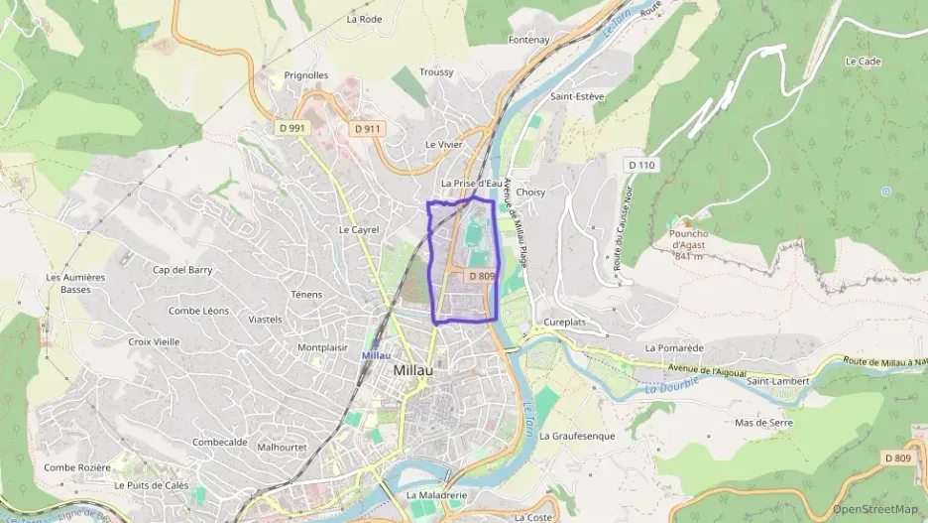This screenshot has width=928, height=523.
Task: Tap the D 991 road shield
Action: pos(291,128)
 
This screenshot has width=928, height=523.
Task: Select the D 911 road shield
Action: pos(366,128)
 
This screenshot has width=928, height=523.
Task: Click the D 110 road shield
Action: pos(641,164)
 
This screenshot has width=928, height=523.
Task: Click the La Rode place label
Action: pos(364,19)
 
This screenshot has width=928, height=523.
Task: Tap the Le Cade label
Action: pos(863,61)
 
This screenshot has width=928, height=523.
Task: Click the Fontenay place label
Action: pos(528,40)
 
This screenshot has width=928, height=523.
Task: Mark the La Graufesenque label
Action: pos(577,436)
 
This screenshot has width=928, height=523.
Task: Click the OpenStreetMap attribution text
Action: pos(875,509)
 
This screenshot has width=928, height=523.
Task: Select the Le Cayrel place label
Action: pos(359,229)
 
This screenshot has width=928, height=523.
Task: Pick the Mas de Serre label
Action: pos(763,422)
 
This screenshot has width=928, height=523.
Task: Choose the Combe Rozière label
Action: pos(77,467)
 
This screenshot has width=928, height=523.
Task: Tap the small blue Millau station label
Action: pos(376,354)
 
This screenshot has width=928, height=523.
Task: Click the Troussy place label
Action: pos(436,72)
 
